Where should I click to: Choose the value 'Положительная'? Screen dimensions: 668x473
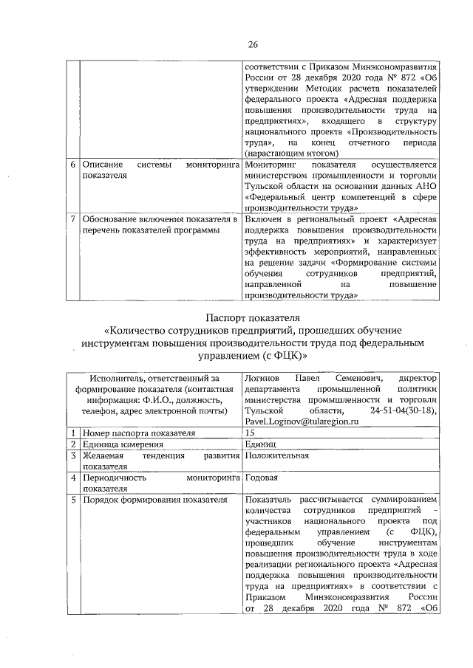273,456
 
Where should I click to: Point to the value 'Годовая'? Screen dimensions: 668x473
261,478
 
